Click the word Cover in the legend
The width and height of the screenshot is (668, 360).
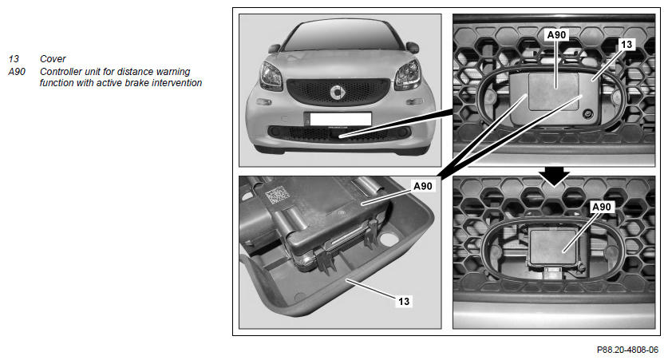click(53, 59)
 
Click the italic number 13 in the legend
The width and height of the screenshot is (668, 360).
click(14, 59)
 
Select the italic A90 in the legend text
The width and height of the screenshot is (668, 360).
click(17, 72)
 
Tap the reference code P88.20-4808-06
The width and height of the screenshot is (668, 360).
click(627, 350)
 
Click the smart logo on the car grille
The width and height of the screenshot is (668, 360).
click(338, 92)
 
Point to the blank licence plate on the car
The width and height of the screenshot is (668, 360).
click(341, 119)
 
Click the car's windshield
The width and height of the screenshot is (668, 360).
click(343, 37)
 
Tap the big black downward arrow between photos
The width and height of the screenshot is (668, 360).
click(554, 176)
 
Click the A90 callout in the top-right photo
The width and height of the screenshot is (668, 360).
click(556, 35)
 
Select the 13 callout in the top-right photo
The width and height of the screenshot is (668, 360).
click(626, 45)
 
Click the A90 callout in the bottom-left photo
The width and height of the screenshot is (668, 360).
click(423, 186)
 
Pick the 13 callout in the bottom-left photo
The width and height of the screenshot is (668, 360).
click(404, 301)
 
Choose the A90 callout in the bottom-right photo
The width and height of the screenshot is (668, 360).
click(602, 207)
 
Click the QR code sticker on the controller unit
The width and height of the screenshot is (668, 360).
click(278, 196)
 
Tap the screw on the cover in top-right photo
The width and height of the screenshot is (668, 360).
click(588, 114)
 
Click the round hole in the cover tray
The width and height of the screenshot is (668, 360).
click(389, 238)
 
